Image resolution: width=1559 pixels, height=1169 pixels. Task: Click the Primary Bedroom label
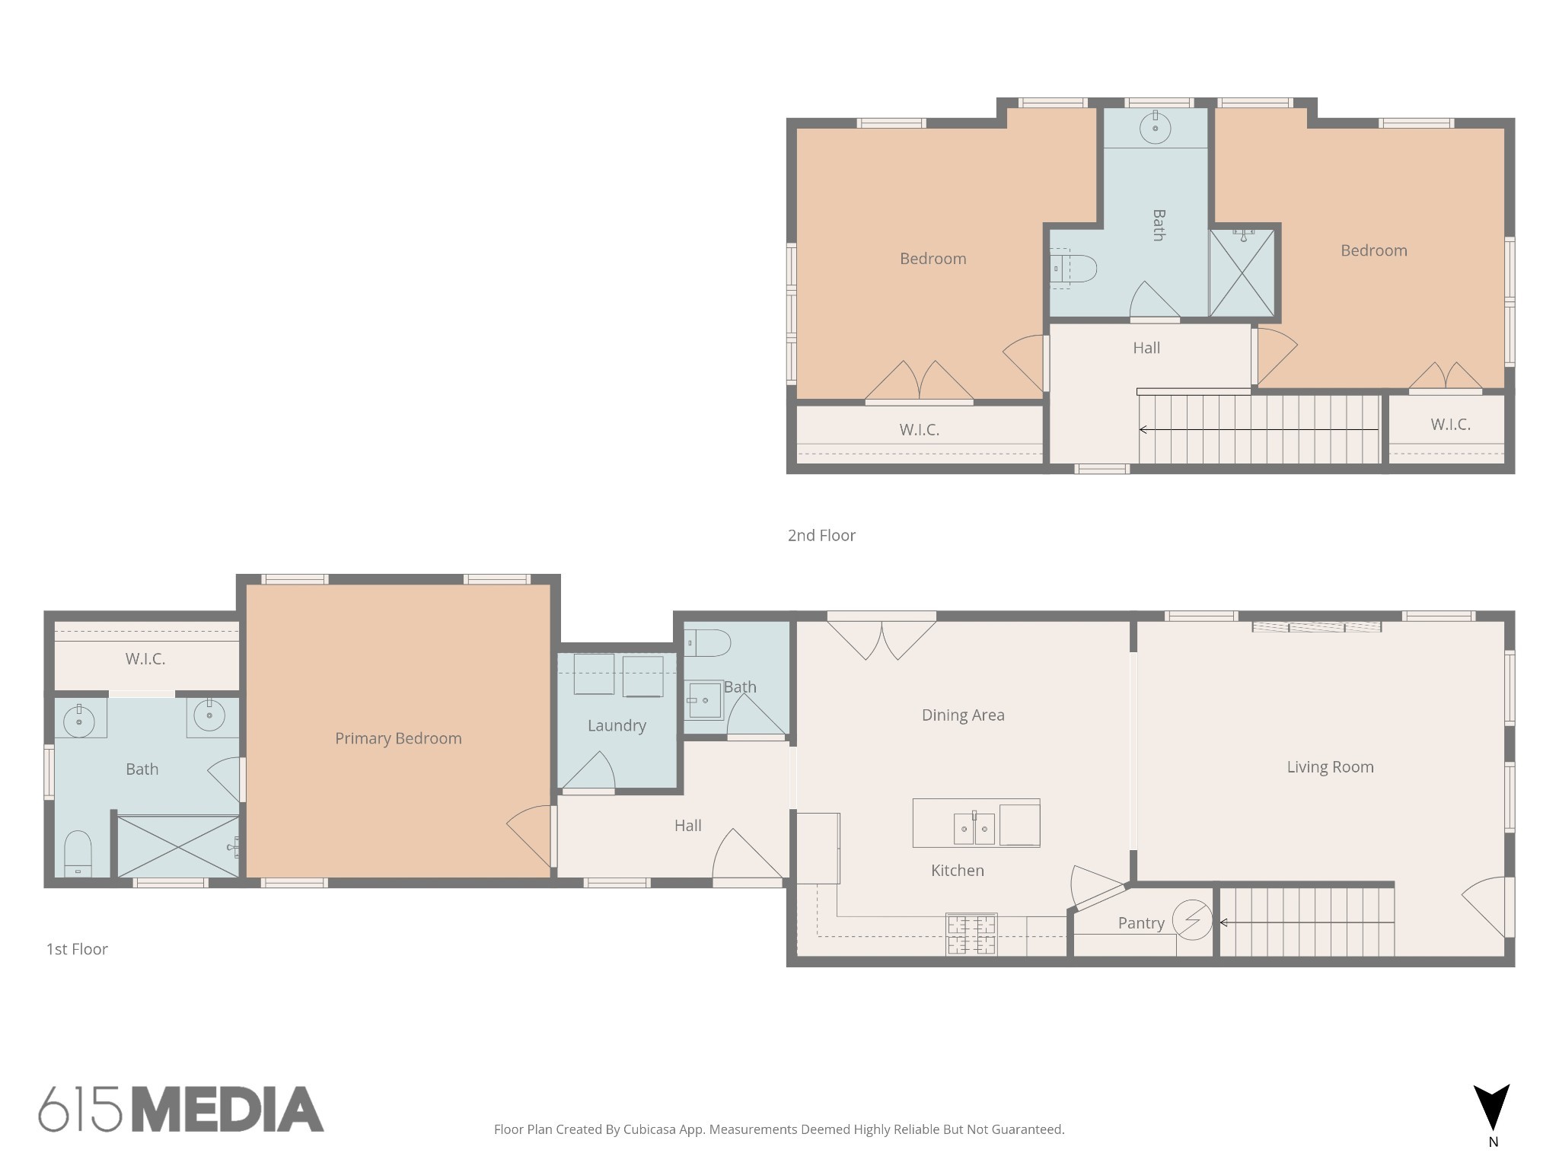pos(398,738)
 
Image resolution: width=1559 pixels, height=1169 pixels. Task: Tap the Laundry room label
pos(617,726)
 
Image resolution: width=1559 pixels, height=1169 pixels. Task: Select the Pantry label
pos(1141,923)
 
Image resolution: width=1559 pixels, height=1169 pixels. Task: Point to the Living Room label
pos(1330,767)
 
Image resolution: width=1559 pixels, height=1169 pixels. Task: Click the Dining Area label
pos(963,715)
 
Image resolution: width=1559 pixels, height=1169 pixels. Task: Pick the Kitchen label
pos(958,871)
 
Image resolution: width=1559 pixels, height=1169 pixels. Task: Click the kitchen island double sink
pos(974,828)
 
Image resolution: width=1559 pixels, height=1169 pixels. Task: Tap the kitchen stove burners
pos(971,935)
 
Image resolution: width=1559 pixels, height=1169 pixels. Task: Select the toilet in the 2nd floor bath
pos(1073,269)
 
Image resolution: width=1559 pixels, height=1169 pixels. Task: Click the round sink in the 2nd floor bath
pos(1156,127)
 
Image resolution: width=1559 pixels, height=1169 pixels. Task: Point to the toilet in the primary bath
pos(78,854)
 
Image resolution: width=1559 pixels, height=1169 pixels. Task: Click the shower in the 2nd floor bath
pos(1242,272)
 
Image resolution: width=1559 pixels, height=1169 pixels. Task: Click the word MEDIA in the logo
pos(228,1110)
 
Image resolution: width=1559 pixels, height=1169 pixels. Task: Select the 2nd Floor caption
pos(821,536)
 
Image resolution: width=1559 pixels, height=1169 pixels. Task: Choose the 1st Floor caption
pos(77,949)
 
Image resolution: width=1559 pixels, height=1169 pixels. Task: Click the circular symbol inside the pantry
pos(1192,920)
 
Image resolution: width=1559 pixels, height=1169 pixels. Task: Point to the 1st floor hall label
pos(687,826)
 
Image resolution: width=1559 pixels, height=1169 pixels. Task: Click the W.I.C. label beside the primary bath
pos(145,659)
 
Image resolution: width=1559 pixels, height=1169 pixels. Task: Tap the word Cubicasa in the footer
pos(651,1129)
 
